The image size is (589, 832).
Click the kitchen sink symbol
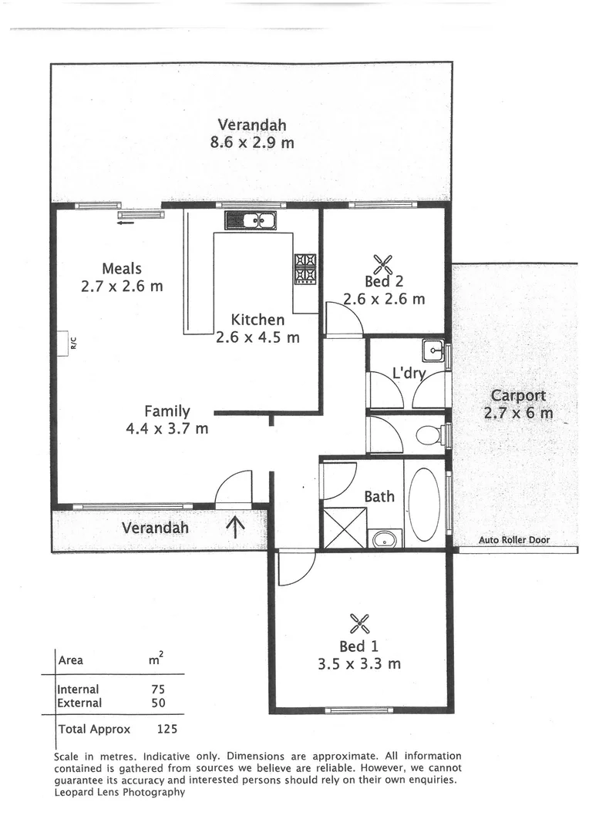tap(251, 220)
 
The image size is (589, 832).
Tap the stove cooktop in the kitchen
tap(305, 269)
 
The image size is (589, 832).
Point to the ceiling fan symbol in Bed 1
tap(359, 622)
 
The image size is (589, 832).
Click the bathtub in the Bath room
tap(423, 504)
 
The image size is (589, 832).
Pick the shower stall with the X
tap(344, 527)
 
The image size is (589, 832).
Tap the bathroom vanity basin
tap(384, 538)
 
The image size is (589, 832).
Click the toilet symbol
tap(429, 436)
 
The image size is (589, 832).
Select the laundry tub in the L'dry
tap(434, 351)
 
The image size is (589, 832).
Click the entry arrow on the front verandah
tap(235, 526)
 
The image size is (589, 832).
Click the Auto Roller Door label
tap(514, 540)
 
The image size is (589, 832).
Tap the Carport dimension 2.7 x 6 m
tap(518, 413)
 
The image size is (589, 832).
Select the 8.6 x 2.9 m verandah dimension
tap(252, 143)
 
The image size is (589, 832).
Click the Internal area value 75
tap(158, 689)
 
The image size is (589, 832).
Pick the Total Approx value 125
tap(167, 729)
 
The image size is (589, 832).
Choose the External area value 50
tap(158, 703)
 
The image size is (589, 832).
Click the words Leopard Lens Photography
tap(119, 791)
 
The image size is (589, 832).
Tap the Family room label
tap(167, 412)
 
